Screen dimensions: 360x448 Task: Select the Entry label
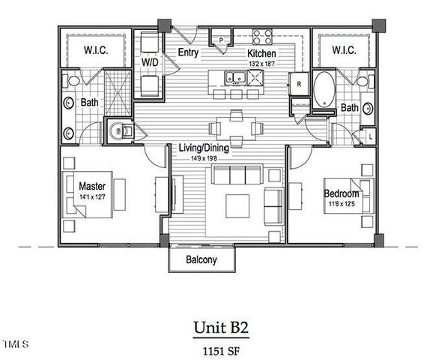(188, 52)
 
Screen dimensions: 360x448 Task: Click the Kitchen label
(261, 54)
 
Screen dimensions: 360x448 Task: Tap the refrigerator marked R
(298, 84)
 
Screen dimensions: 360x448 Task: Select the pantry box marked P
(222, 40)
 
